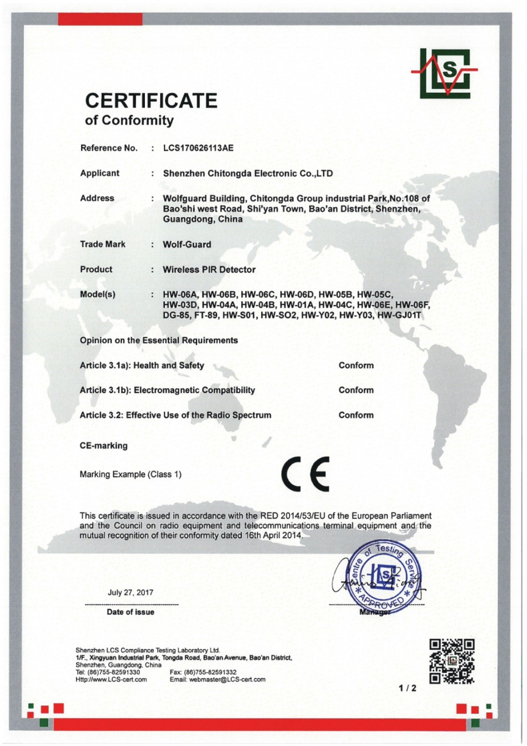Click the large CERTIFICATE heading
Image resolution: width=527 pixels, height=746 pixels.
coord(151,101)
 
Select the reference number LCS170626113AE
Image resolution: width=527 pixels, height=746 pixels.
coord(198,148)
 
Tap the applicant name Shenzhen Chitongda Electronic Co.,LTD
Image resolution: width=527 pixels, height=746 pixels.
coord(248,174)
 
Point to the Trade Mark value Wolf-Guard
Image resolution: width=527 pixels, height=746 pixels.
coord(187,245)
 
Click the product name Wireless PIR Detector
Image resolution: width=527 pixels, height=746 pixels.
coord(209,270)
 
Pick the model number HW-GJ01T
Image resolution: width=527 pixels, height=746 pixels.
coord(403,315)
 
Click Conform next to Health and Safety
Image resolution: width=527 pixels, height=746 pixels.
coord(356,366)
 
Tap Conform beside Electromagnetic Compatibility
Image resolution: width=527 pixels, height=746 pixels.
coord(356,390)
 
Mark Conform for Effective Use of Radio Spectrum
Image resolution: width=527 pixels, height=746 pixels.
coord(356,415)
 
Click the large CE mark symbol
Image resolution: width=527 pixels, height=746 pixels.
coord(306,473)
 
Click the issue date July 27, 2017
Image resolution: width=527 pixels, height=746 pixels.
coord(131,592)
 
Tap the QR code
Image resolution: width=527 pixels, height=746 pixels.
coord(452,661)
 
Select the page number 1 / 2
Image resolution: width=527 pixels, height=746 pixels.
coord(407,688)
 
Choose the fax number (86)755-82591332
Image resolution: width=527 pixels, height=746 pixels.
coord(210,673)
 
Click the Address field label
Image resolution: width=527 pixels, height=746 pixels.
coord(97,198)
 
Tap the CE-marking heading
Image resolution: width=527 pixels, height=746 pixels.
coord(104,446)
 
